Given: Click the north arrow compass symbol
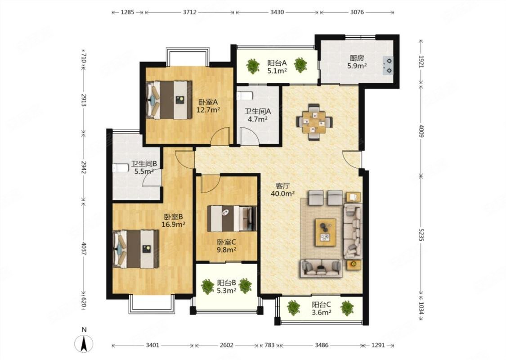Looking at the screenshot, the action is pos(84,343).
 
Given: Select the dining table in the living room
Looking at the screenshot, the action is pos(314,122).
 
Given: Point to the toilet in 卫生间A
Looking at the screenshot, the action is pos(244,96).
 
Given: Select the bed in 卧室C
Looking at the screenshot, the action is pos(231,219).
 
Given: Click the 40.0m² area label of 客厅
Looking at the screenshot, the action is pos(283,193).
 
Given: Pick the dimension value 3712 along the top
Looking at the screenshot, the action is pos(189,12).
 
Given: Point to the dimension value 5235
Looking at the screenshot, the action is pos(421,235).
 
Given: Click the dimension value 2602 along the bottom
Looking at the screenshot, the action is pos(226,345).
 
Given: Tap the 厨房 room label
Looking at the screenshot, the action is pos(357,58).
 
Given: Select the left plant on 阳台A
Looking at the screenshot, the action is pos(253,66).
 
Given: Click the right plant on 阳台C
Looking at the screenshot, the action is pos(347,308).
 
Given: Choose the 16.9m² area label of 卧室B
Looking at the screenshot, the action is pos(173,224).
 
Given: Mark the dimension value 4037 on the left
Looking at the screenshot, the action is pos(84,248).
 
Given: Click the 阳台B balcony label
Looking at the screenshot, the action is pos(226,283).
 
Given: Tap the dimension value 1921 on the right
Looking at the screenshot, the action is pos(421,61).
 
